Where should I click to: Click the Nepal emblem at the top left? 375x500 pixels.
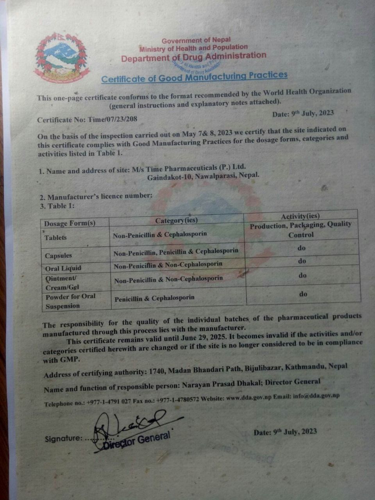(x=61, y=57)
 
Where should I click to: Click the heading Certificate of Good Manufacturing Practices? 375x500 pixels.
(x=194, y=77)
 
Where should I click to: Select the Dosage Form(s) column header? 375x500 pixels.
(x=70, y=223)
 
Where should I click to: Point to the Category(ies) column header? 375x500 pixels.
(x=177, y=221)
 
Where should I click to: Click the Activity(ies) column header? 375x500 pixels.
(x=300, y=216)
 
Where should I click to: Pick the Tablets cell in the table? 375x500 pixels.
(x=55, y=237)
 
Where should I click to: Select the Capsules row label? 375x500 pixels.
(x=58, y=256)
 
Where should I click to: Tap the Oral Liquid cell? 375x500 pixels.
(x=63, y=268)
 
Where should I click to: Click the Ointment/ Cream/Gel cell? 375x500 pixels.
(x=62, y=283)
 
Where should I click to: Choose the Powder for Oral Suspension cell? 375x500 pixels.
(x=70, y=301)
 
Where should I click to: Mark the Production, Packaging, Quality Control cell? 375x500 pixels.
(x=301, y=230)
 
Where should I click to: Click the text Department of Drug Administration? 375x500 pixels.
(x=193, y=57)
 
